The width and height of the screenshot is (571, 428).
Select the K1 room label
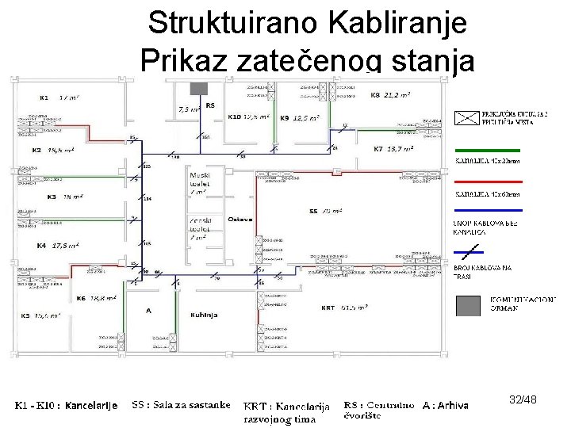click(44, 97)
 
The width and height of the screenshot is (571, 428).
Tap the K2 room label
click(36, 150)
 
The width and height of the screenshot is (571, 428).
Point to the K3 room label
click(52, 196)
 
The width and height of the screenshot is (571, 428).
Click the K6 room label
click(81, 298)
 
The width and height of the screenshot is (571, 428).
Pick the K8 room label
click(375, 95)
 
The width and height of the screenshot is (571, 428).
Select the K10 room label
click(234, 117)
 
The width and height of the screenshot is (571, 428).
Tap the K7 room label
click(378, 149)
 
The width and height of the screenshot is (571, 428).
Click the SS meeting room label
click(312, 212)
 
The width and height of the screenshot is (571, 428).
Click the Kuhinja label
click(204, 315)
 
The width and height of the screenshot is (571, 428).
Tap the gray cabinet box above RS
click(198, 88)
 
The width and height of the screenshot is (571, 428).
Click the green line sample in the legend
click(487, 150)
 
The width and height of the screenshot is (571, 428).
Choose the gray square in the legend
click(469, 305)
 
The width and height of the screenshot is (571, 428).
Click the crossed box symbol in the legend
click(467, 118)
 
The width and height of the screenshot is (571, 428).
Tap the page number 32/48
click(523, 400)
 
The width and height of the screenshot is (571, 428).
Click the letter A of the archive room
click(148, 311)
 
